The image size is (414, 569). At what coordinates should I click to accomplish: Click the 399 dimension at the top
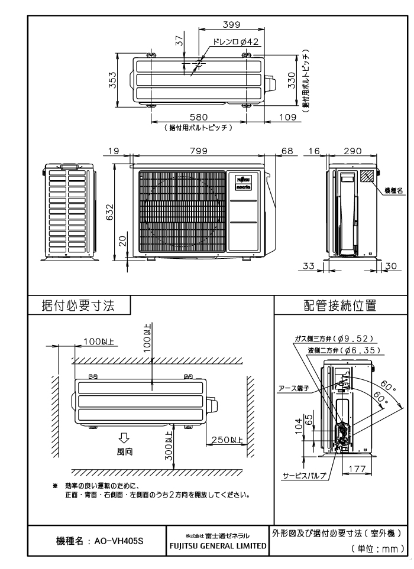pyautogui.click(x=227, y=24)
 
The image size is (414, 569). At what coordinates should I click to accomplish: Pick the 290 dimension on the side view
pyautogui.click(x=352, y=152)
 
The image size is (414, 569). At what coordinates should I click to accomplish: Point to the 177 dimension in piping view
pyautogui.click(x=355, y=468)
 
